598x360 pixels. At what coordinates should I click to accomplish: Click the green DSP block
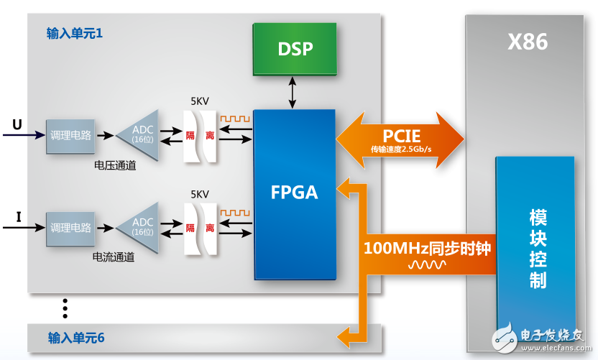294,49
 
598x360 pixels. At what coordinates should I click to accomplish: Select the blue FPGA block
294,194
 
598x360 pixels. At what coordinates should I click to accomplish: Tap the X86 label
528,42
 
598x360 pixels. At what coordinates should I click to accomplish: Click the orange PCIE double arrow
401,139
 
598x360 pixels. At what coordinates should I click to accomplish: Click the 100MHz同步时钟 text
427,249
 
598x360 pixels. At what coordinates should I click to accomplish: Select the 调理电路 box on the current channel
71,228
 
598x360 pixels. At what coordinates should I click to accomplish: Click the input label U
17,124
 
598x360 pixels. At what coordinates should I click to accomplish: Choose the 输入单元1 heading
75,33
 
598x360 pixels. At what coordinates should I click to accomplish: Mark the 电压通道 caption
115,165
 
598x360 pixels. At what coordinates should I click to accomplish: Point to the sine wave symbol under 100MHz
427,265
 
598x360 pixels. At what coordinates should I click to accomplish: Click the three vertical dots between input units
65,308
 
